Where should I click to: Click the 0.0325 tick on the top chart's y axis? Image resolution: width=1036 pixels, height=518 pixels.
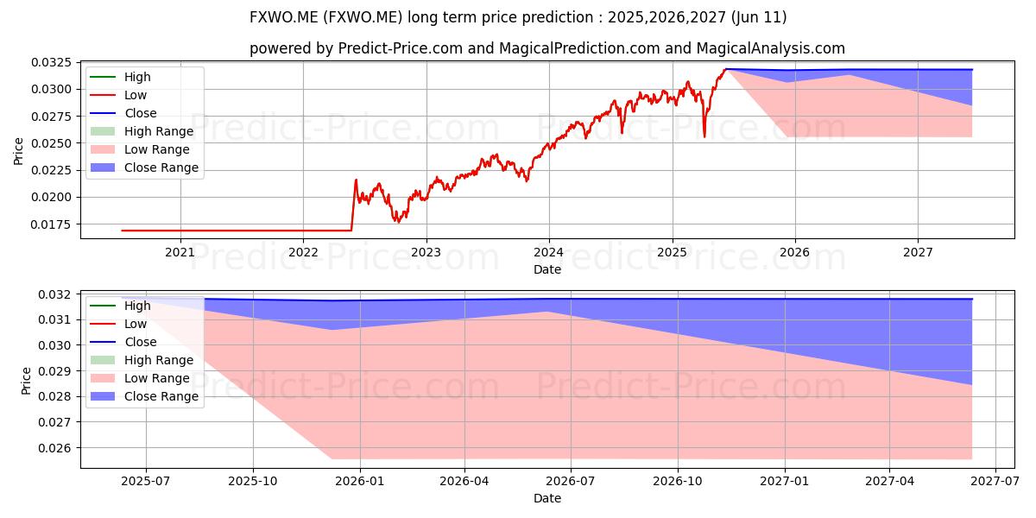coord(51,62)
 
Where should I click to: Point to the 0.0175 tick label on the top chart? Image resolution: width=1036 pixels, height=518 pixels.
coord(51,224)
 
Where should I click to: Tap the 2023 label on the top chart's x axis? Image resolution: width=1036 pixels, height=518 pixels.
coord(426,252)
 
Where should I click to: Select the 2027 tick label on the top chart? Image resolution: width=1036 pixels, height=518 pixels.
coord(918,252)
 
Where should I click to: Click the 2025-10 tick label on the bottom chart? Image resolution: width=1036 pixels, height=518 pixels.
coord(253,482)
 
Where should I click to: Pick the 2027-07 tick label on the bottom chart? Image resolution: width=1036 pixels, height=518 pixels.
coord(995,482)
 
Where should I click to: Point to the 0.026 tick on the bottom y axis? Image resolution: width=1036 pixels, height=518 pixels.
coord(55,448)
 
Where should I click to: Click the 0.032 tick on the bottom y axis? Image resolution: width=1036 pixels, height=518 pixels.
coord(55,294)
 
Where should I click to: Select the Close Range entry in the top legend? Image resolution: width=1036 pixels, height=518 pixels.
coord(144,167)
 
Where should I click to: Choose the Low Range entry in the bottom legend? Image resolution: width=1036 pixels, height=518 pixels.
coord(140,378)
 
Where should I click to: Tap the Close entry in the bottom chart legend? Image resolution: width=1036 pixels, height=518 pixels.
coord(123,342)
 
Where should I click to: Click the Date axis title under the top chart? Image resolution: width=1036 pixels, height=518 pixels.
coord(547,269)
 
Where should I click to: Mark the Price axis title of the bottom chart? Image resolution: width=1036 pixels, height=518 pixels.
coord(26,381)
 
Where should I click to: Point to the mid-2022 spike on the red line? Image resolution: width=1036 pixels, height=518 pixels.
coord(356,180)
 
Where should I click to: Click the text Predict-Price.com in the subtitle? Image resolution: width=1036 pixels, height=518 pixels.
coord(401,48)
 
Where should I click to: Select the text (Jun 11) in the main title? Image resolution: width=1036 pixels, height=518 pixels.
coord(759,17)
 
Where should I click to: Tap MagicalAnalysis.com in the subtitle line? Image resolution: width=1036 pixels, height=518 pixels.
coord(770,48)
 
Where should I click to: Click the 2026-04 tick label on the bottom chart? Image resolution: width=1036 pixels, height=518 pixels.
coord(464,482)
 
